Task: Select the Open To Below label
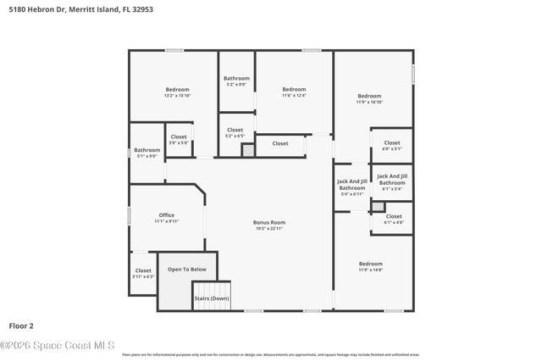click(186, 269)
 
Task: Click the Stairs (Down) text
click(211, 298)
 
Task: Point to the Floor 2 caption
click(22, 325)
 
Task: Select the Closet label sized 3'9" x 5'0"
click(179, 139)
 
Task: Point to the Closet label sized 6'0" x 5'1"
click(391, 145)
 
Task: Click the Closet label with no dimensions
click(279, 143)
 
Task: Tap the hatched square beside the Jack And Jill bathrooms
click(378, 206)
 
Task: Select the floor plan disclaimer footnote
click(270, 354)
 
